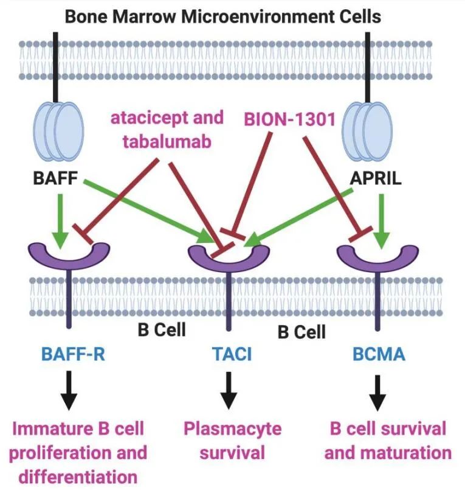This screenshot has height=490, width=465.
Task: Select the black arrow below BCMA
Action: [x=377, y=394]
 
